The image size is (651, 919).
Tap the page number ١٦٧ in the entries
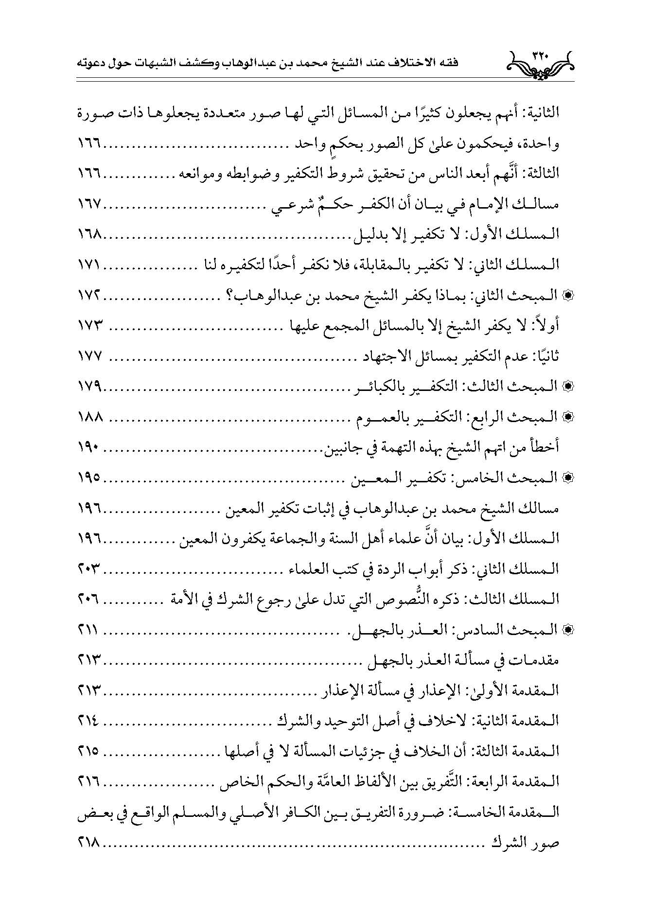point(89,205)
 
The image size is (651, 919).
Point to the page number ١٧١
point(89,265)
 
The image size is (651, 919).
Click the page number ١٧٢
point(89,296)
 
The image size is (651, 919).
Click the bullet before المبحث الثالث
point(565,387)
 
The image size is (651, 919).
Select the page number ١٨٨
point(89,417)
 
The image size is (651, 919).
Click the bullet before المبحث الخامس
point(565,478)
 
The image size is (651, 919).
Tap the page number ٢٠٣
point(89,569)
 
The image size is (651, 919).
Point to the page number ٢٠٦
point(89,600)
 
